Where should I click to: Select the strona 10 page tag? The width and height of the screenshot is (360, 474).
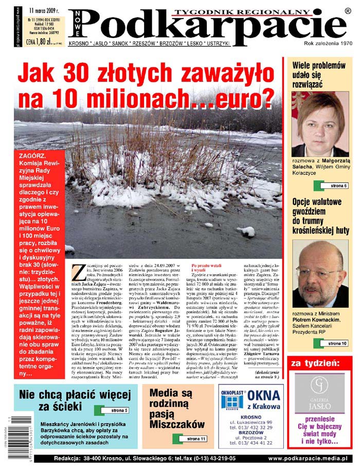click(x=337, y=343)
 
